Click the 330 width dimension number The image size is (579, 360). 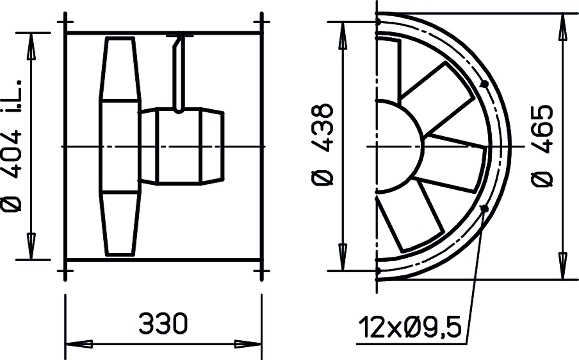click(163, 323)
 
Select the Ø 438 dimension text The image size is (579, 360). click(322, 145)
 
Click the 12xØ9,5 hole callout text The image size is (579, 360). click(410, 327)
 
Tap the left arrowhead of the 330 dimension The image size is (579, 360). click(79, 344)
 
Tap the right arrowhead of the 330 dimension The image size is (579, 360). click(248, 344)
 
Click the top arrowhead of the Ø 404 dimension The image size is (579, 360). click(31, 47)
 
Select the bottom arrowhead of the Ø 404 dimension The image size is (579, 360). click(31, 246)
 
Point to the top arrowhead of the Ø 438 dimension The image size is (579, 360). click(342, 35)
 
